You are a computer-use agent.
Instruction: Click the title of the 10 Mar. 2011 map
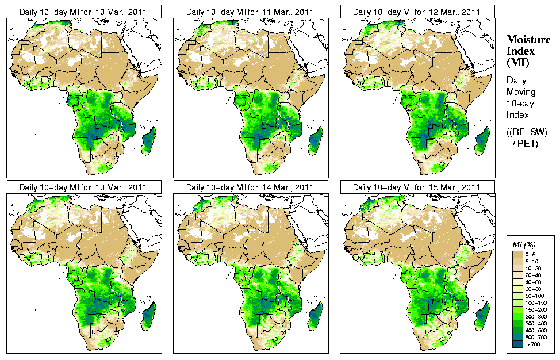coord(83,12)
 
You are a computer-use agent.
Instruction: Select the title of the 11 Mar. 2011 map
coord(250,12)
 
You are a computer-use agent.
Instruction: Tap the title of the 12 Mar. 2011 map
coord(417,12)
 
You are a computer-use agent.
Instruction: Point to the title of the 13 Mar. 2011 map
coord(83,187)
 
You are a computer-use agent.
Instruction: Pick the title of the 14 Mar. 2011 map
coord(250,187)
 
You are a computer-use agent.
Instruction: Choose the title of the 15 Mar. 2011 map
coord(417,187)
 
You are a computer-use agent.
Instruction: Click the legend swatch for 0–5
coord(517,254)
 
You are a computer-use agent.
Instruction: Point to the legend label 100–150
coord(536,301)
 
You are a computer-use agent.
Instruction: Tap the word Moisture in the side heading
coord(526,39)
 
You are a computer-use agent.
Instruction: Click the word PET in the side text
coord(529,143)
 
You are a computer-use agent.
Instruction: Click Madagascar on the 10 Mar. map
coord(148,141)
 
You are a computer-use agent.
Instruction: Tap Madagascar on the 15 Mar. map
coord(482,316)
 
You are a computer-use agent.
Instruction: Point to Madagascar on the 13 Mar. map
coord(148,316)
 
